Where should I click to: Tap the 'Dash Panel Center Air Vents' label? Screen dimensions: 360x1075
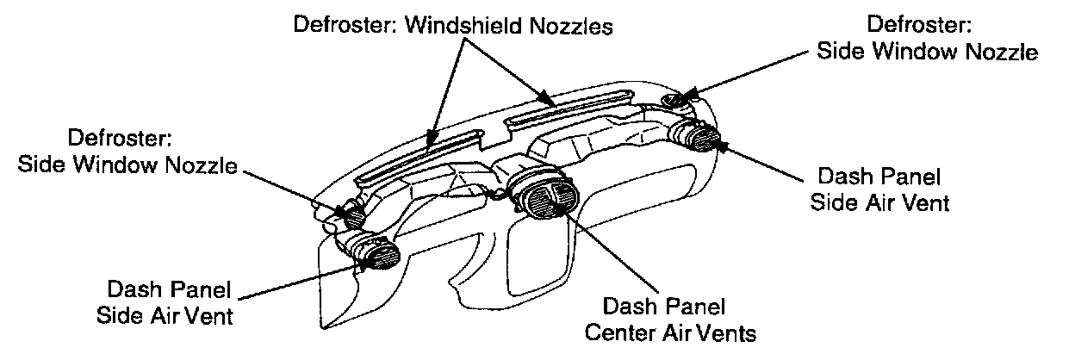click(x=663, y=318)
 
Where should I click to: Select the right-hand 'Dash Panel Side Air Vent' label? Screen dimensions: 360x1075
click(x=878, y=189)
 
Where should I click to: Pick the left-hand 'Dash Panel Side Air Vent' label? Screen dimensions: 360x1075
click(x=170, y=301)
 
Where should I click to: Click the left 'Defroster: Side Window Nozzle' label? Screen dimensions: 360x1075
click(x=127, y=151)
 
